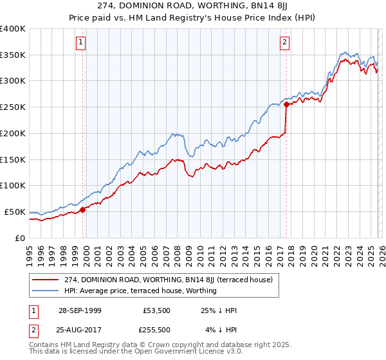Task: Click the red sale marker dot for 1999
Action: [82, 209]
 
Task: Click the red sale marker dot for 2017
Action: [286, 104]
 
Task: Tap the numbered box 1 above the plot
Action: [82, 43]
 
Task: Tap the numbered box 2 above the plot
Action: [284, 43]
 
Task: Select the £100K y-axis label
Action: [13, 185]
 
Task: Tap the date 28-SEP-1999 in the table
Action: [76, 310]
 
